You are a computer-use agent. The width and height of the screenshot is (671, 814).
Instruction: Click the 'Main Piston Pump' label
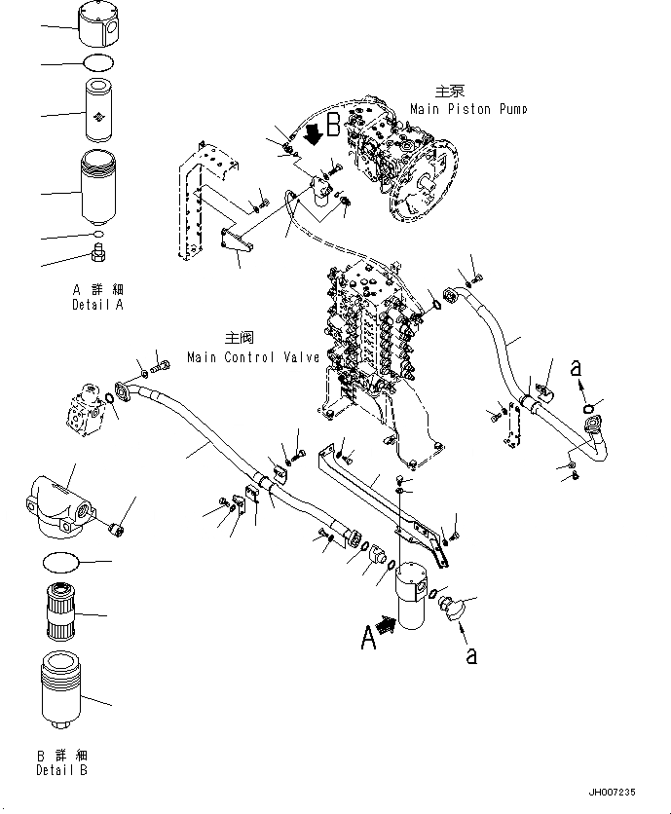point(467,109)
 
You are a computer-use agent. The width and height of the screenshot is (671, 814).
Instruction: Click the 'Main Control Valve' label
point(254,357)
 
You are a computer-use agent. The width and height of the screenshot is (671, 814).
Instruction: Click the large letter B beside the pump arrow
point(333,124)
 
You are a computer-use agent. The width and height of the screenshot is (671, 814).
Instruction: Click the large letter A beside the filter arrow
point(368,637)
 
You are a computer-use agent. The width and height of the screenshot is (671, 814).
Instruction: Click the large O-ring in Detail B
point(65,562)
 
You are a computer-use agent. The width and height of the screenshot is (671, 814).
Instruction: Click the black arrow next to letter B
point(314,134)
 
